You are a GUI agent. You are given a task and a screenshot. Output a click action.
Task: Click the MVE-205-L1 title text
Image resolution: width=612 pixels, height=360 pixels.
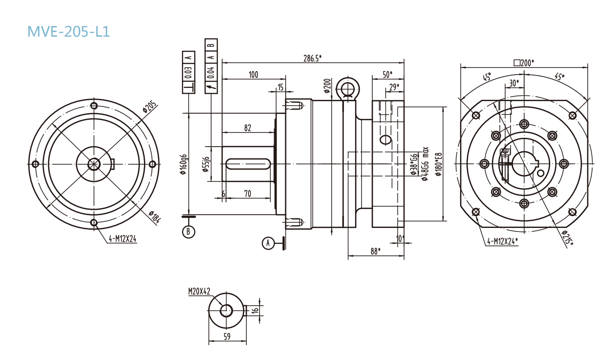point(68,31)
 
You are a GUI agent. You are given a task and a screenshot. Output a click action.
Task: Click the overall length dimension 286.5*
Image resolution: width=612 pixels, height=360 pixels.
point(312,58)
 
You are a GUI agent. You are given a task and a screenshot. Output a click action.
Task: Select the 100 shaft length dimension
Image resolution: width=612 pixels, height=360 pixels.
point(253,75)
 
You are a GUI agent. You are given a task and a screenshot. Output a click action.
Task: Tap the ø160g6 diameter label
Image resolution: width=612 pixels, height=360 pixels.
point(184,164)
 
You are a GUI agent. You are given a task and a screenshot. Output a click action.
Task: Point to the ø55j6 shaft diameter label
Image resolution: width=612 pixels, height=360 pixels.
point(205,164)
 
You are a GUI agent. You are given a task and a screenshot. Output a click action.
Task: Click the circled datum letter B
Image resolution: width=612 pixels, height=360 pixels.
point(189,231)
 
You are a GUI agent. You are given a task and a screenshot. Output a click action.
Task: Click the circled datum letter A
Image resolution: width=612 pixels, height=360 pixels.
point(268,243)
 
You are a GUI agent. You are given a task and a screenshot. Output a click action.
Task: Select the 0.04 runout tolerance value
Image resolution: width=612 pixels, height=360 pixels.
point(211,72)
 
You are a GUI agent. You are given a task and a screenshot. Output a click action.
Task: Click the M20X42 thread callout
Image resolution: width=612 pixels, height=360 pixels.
point(199,291)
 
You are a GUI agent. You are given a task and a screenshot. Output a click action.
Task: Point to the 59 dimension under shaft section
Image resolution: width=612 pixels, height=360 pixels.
point(227,337)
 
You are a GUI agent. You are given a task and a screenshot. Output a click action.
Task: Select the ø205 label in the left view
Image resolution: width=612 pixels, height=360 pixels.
point(149,107)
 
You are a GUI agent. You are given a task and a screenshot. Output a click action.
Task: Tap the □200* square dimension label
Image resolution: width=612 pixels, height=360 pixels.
point(524,63)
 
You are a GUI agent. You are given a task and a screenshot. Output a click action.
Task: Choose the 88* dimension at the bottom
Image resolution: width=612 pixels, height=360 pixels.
point(375,251)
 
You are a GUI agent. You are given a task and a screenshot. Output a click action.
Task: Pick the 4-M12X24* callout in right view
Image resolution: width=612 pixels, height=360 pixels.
point(502,241)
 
